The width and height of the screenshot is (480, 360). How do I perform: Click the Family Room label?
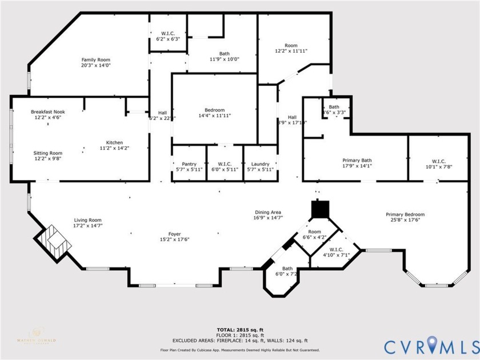tap(95, 59)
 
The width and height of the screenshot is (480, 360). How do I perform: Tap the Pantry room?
tap(189, 166)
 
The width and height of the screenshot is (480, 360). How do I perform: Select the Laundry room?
tap(259, 166)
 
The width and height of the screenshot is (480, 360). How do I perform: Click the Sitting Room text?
tap(48, 153)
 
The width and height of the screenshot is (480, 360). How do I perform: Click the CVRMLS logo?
tap(431, 346)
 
